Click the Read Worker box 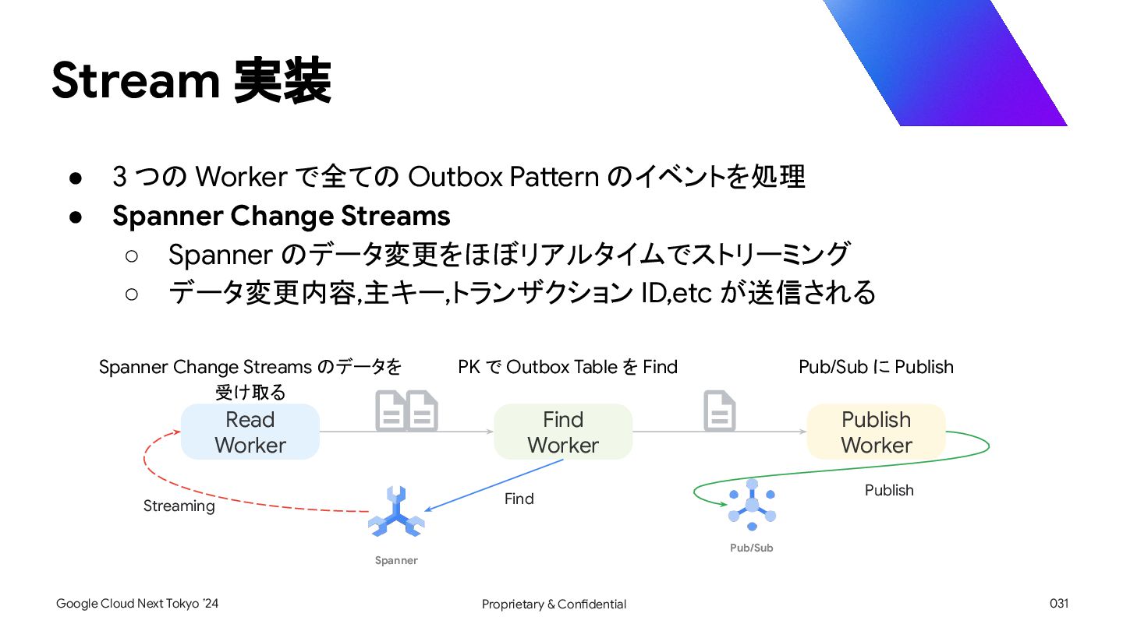(x=250, y=432)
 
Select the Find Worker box (x=563, y=432)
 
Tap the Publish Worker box (x=876, y=432)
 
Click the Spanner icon (x=396, y=512)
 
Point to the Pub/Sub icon (x=752, y=505)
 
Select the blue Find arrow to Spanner (x=494, y=485)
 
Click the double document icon (x=406, y=411)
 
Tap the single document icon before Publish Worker (x=719, y=411)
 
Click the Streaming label (x=179, y=506)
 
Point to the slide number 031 (x=1059, y=604)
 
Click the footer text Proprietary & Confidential (x=554, y=604)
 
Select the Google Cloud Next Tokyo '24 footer (x=137, y=604)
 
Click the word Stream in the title (x=136, y=80)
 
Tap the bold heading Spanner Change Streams (x=282, y=216)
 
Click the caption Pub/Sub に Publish (x=876, y=367)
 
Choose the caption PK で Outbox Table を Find (x=568, y=367)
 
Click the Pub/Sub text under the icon (x=752, y=548)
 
